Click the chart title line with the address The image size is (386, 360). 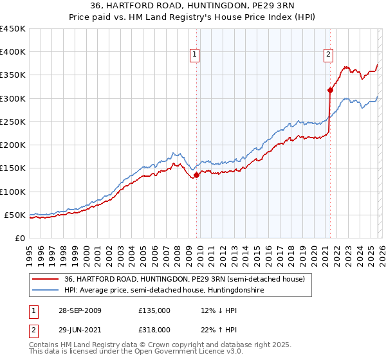tap(193, 7)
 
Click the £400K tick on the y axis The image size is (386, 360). tap(12, 52)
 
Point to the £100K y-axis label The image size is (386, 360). tap(12, 192)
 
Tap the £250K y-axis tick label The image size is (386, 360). tap(12, 122)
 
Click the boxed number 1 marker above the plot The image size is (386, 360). tap(196, 55)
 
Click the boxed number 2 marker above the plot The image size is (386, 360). tap(329, 55)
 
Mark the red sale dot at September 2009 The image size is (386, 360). tap(196, 175)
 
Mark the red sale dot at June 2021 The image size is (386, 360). tap(329, 90)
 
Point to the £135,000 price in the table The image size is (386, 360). tap(154, 310)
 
